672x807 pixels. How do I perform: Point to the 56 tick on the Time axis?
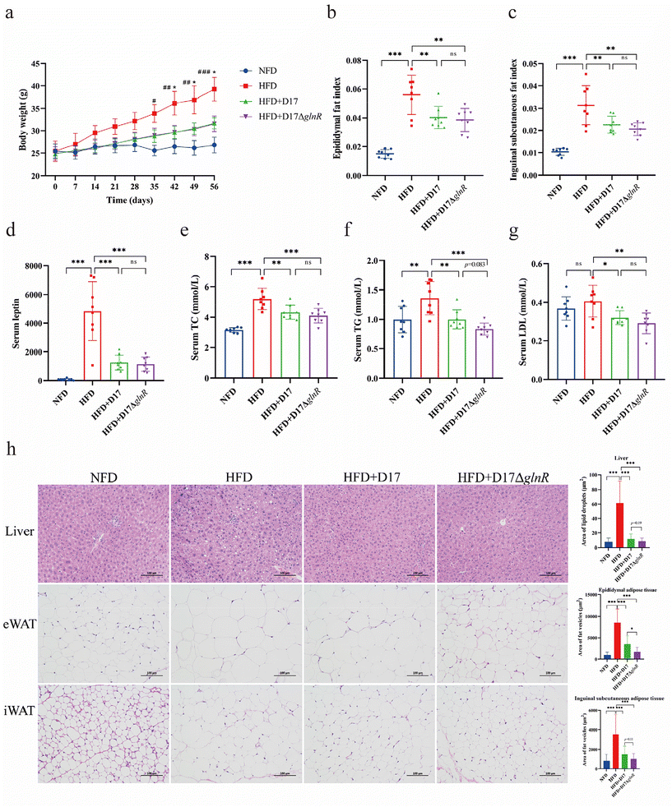[x=215, y=187]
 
